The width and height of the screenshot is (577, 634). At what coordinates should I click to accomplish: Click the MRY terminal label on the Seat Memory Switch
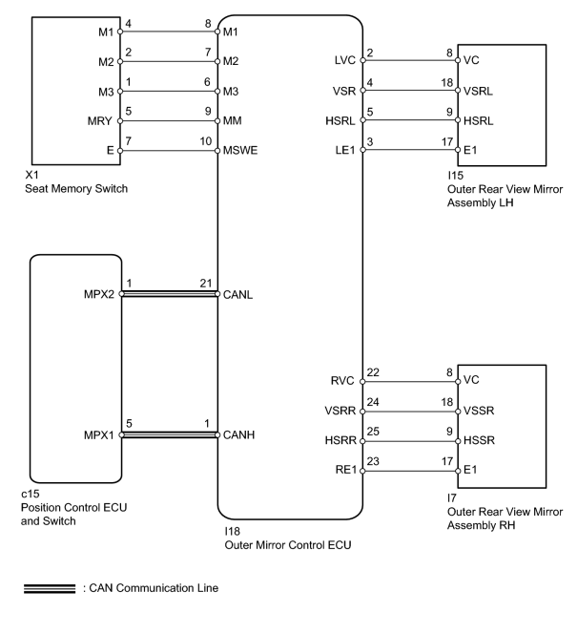coord(100,121)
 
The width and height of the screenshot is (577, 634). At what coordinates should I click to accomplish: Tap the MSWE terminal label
coord(240,151)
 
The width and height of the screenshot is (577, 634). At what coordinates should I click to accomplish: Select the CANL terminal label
coord(237,294)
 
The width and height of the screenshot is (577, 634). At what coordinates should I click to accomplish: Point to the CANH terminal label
coord(238,435)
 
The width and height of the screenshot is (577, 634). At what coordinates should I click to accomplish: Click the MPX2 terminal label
coord(99,294)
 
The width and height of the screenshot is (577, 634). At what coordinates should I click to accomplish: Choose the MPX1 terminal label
coord(99,435)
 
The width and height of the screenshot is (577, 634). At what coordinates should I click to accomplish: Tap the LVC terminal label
coord(345,60)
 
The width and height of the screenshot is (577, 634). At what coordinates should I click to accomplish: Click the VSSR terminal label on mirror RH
coord(479,411)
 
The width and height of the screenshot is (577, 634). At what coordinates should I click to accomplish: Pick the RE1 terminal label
coord(346,470)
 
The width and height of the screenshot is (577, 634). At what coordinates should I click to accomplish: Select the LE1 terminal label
coord(345,151)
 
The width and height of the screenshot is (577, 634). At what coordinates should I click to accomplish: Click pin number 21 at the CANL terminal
coord(206,284)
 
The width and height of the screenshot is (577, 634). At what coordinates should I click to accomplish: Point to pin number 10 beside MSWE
coord(205,141)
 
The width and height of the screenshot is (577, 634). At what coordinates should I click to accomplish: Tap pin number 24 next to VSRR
coord(373,402)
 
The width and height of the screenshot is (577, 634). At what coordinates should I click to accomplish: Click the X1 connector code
coord(31,175)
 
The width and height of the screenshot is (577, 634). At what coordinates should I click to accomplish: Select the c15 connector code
coord(31,494)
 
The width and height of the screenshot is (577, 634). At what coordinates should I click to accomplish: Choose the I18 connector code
coord(232,531)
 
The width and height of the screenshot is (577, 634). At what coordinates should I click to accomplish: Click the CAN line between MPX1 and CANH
coord(169,435)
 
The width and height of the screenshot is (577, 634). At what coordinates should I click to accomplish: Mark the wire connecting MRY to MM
coord(169,121)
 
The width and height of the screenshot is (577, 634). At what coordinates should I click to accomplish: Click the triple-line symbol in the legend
coord(50,589)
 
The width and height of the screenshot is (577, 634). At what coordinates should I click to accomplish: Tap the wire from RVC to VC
coord(410,381)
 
